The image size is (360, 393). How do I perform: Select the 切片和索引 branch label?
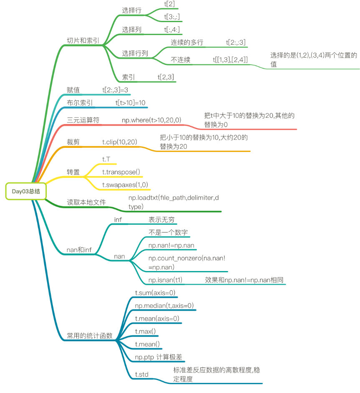tap(83, 41)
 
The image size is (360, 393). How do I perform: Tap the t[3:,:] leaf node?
tap(172, 17)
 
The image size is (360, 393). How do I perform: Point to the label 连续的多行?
tap(187, 42)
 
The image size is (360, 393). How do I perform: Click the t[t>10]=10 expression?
tap(130, 103)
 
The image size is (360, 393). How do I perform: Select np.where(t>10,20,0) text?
tap(151, 120)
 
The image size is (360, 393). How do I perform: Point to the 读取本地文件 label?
tap(86, 202)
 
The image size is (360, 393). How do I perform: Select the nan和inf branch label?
tap(79, 250)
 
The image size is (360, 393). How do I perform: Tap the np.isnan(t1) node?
tap(165, 280)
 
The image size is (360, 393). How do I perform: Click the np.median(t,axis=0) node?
tap(164, 306)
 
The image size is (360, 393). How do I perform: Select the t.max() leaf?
tap(145, 331)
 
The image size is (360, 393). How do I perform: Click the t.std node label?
tap(142, 374)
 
